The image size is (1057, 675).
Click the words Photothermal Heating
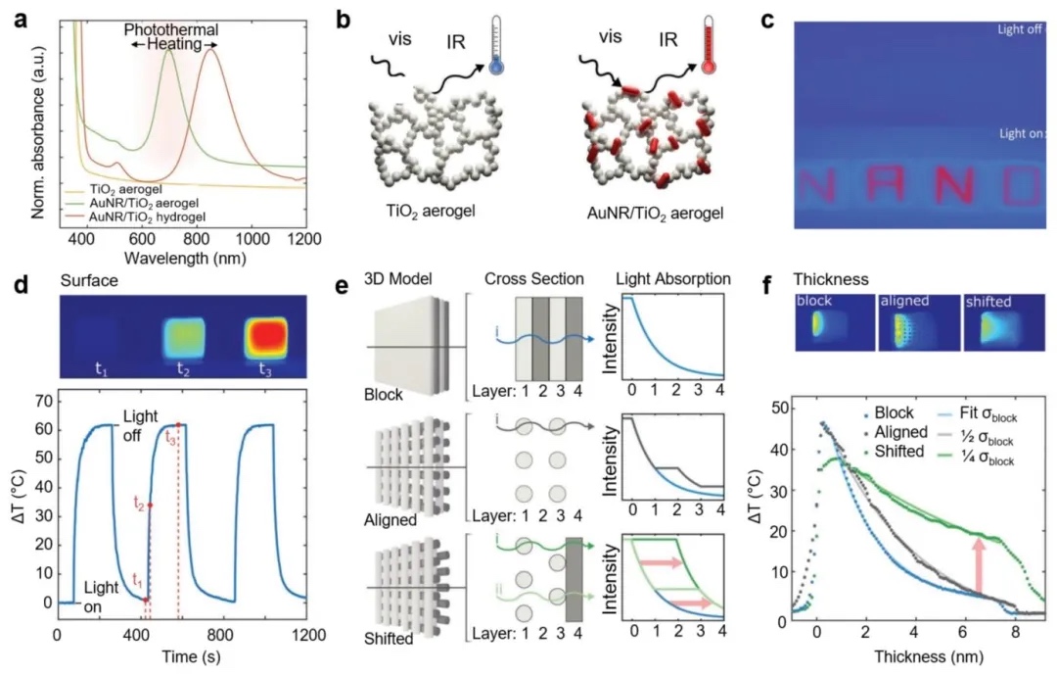[169, 38]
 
